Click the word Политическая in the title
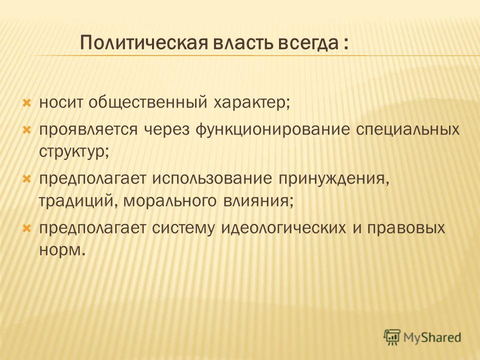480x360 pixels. [143, 42]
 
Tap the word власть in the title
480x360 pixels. [243, 42]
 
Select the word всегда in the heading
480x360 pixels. [308, 43]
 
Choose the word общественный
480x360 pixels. [148, 103]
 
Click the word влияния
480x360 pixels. [256, 201]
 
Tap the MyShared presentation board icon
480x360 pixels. [392, 337]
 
